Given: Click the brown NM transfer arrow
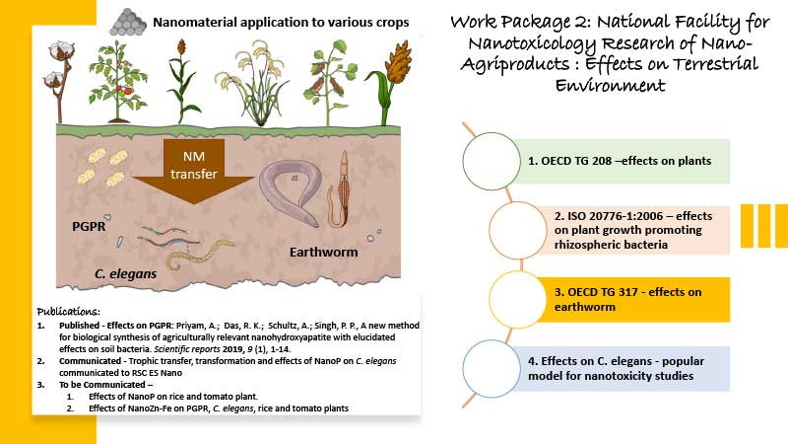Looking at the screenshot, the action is point(193,171).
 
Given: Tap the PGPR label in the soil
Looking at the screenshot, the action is point(89,227).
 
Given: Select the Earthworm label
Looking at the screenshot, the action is point(324,252).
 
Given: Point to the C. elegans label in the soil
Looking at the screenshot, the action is point(126,274).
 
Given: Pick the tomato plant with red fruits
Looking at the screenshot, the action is point(118,82).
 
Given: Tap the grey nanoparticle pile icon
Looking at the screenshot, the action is point(128,22).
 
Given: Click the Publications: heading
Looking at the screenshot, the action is point(68,312).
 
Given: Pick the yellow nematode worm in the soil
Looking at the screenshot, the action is point(200,253).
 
